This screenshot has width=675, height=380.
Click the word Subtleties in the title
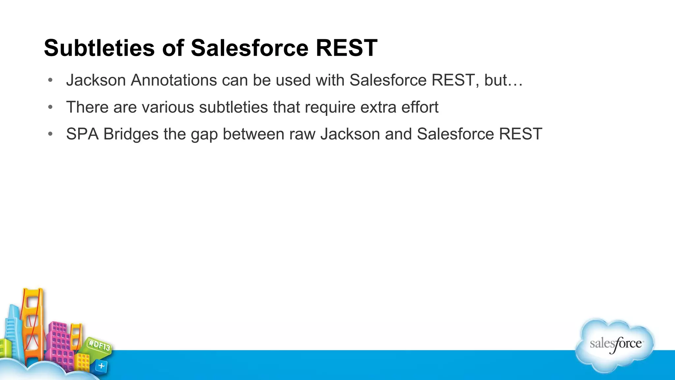(x=99, y=48)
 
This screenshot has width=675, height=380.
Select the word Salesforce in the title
(x=250, y=48)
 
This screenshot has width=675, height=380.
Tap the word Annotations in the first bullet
(x=174, y=80)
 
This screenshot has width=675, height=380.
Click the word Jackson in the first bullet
(x=96, y=80)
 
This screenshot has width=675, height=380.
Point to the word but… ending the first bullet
(x=503, y=80)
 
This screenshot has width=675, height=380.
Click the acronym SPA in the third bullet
(x=82, y=134)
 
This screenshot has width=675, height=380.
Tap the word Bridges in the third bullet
(x=131, y=134)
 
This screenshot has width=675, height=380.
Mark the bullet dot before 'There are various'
(x=50, y=107)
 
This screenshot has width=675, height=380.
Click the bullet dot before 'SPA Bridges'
(x=50, y=134)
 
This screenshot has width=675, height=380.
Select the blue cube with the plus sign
(x=101, y=366)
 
